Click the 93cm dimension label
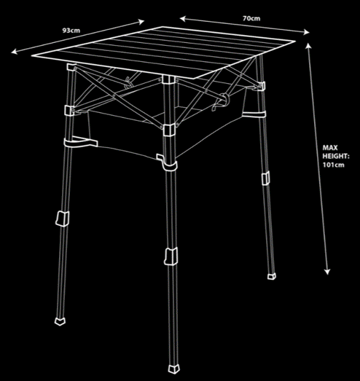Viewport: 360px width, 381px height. (71, 31)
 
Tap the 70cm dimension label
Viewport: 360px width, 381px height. (251, 18)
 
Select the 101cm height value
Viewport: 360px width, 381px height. (334, 165)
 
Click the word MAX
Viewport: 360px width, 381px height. (330, 147)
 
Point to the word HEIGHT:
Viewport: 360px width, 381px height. (336, 156)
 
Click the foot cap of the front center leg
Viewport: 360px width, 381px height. (174, 369)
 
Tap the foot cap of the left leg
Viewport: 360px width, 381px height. (60, 321)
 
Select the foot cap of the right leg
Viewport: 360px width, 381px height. (272, 276)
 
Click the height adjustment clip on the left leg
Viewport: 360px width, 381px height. (62, 219)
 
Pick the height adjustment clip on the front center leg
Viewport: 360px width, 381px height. (171, 256)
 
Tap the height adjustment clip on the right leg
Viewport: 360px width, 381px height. (265, 178)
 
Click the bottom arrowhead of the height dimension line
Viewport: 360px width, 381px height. (327, 272)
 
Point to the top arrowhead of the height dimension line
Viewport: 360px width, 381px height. (308, 46)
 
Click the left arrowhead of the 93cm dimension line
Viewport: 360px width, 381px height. (14, 52)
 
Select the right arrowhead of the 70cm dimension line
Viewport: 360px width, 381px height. (306, 32)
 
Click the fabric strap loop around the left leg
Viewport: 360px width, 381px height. (80, 143)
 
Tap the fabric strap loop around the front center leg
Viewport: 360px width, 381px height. (169, 162)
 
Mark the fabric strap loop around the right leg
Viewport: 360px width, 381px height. (254, 114)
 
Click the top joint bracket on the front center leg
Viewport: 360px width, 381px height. (168, 80)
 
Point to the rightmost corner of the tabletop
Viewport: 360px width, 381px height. (296, 42)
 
